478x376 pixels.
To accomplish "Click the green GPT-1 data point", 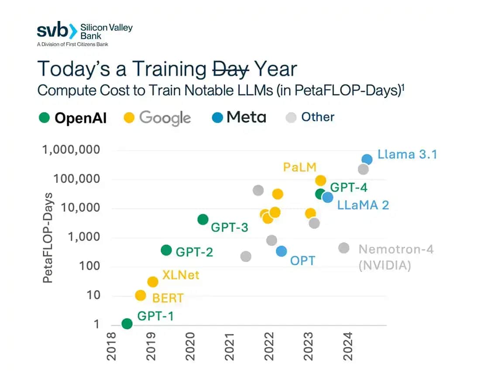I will [127, 324].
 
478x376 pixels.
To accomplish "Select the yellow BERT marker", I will [140, 296].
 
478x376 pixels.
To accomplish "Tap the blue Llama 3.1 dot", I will [367, 159].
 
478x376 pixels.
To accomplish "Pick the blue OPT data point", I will [282, 251].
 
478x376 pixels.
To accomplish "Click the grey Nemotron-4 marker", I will [344, 248].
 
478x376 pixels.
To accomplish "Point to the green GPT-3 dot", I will [203, 219].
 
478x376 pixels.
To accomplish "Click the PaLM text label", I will [299, 167].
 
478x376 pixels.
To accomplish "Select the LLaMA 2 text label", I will [363, 205].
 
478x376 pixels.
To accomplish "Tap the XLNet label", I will [181, 275].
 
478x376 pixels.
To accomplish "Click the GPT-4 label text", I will [349, 188].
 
